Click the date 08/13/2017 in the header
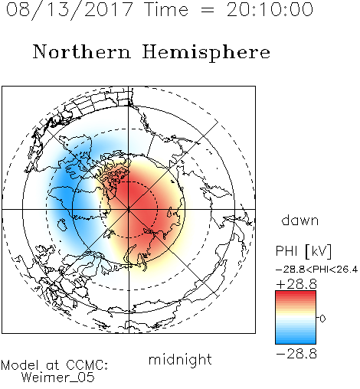[69, 9]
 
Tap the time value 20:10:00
[270, 9]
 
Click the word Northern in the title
[82, 52]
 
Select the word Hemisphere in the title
[206, 53]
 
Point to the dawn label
[300, 220]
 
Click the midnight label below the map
[180, 360]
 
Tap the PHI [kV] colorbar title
[304, 251]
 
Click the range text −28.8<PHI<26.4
[316, 270]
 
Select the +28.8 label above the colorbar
[296, 284]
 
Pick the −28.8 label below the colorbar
[296, 354]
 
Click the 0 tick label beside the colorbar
[322, 319]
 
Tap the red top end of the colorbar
[296, 293]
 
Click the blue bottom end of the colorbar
[296, 342]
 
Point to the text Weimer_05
[57, 378]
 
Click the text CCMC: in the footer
[87, 365]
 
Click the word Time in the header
[166, 10]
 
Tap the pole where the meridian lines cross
[129, 210]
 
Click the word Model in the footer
[20, 365]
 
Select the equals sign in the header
[208, 11]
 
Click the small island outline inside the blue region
[62, 224]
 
